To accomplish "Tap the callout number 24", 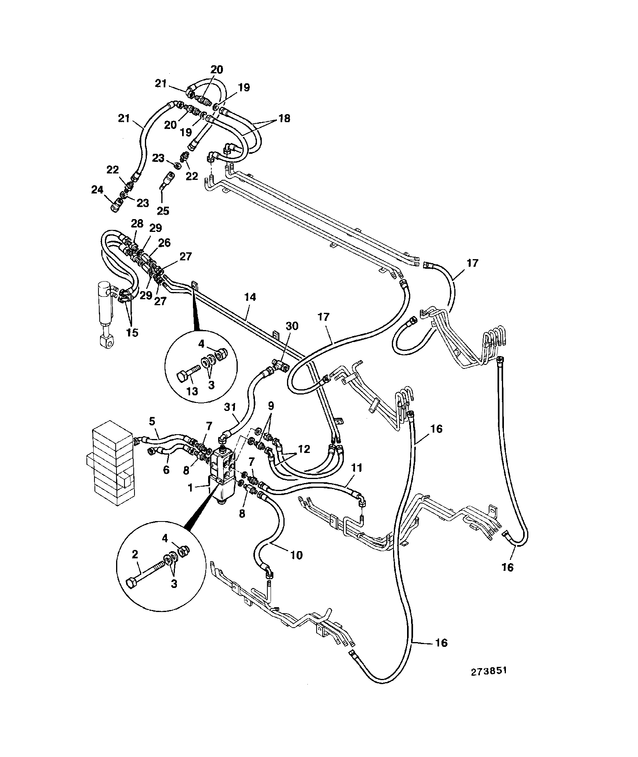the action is point(97,189).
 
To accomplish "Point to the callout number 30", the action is point(292,326).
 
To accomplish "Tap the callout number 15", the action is point(132,332).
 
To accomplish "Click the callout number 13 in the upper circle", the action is point(192,391).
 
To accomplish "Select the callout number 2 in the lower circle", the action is point(135,554).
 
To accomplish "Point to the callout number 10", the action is point(297,555).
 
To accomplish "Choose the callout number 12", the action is point(304,449).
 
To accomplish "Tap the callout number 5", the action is point(152,421).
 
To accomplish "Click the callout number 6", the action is point(166,469).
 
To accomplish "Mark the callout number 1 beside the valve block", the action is point(191,487).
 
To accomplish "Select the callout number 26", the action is point(164,243).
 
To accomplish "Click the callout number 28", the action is point(137,223).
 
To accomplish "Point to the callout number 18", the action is point(285,119).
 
